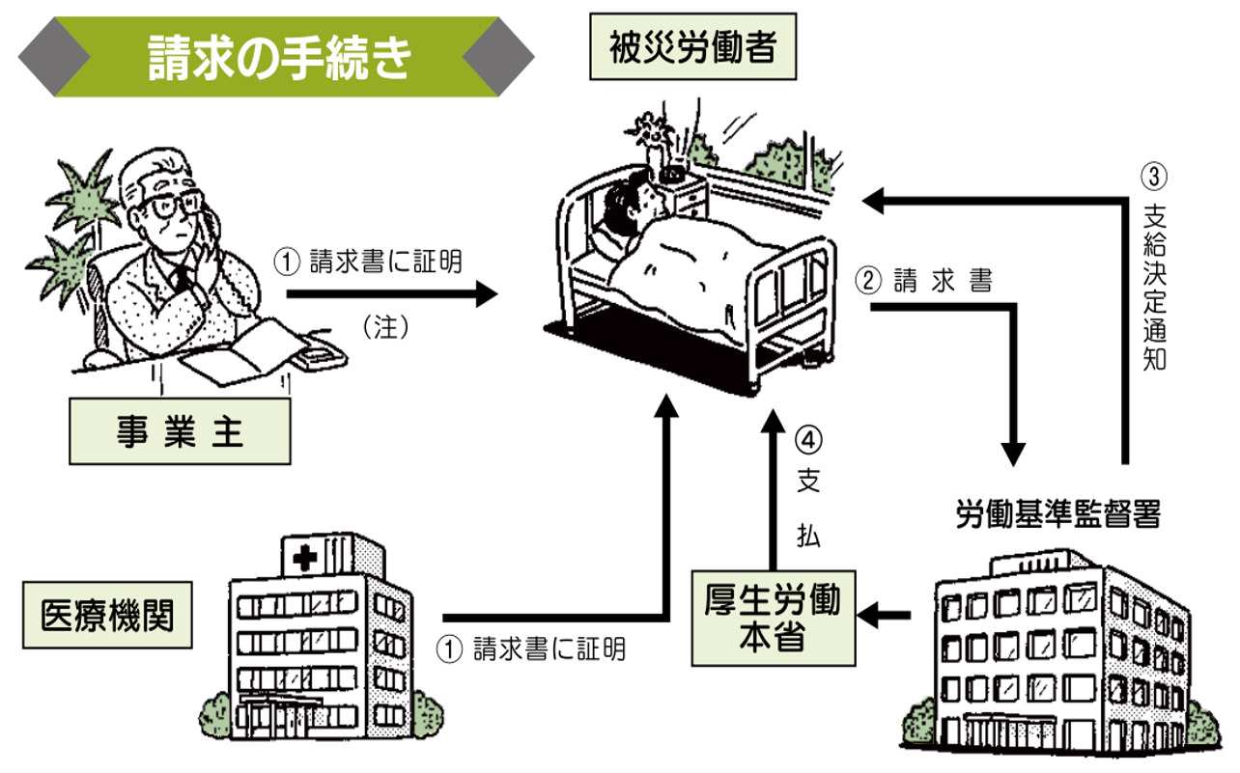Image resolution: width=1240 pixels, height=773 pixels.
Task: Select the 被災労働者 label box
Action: (694, 46)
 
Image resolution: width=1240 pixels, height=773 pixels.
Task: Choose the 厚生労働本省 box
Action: (773, 618)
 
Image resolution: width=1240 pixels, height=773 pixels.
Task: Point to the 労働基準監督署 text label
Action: (1057, 514)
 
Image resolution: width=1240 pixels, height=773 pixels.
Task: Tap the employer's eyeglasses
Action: (178, 206)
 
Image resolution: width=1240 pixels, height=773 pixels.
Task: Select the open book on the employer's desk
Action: (238, 357)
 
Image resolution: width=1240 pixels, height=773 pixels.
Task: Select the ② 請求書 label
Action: (925, 281)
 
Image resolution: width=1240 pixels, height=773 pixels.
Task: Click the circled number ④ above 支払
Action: (809, 439)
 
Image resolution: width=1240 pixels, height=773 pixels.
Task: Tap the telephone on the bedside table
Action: (673, 175)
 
